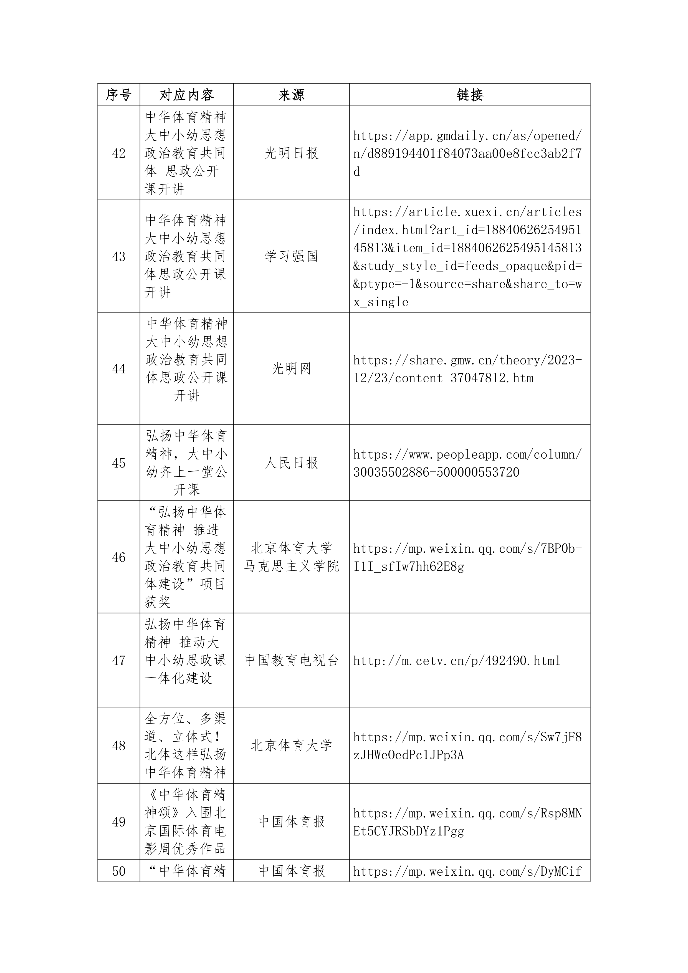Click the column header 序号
[119, 95]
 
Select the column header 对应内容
[186, 95]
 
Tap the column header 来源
[292, 95]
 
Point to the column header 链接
[469, 95]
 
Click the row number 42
[119, 153]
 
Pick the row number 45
[119, 463]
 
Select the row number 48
[119, 746]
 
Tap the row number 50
[119, 871]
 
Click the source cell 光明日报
[292, 153]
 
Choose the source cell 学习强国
[292, 256]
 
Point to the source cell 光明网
[292, 369]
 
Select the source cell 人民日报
[292, 463]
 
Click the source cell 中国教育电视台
[292, 660]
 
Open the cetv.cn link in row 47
[457, 661]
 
